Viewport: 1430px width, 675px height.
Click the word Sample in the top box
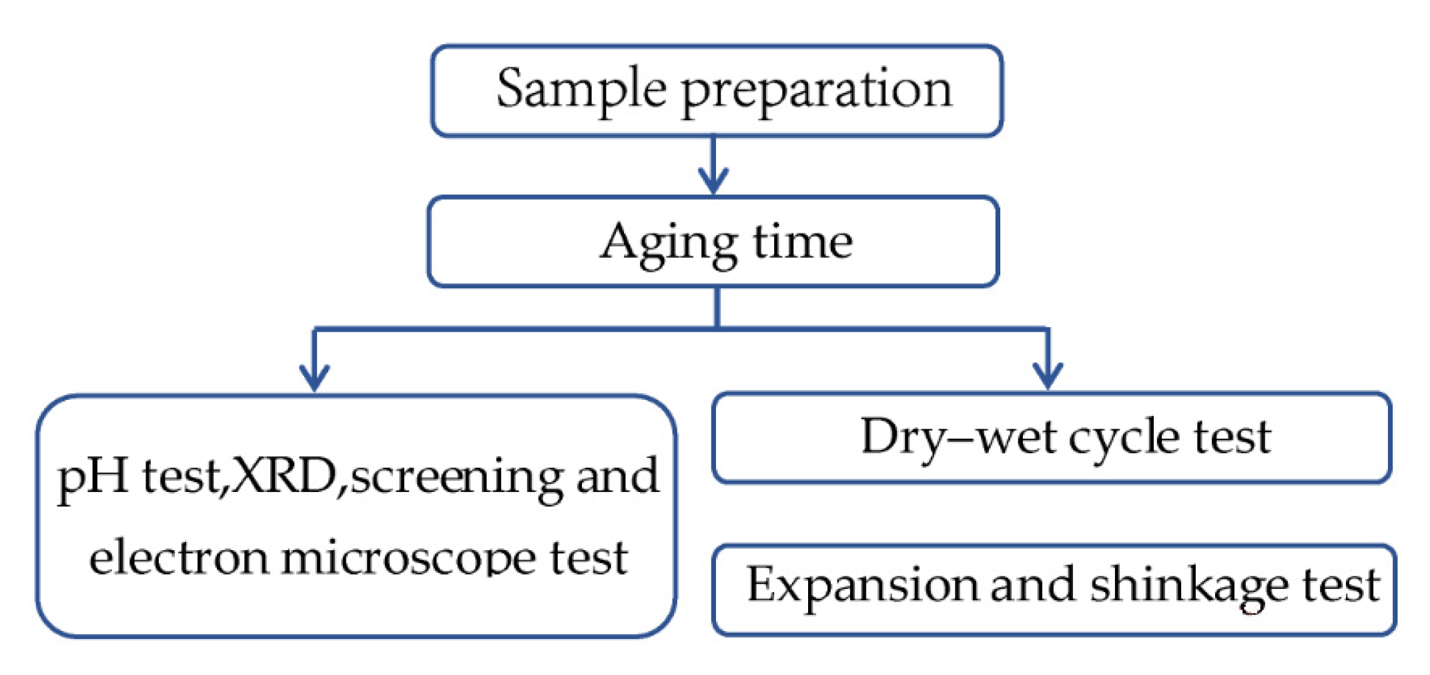[581, 90]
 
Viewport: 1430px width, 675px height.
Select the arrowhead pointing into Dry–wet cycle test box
[1048, 375]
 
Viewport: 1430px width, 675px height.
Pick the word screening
[457, 479]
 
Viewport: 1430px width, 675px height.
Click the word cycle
[1123, 440]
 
